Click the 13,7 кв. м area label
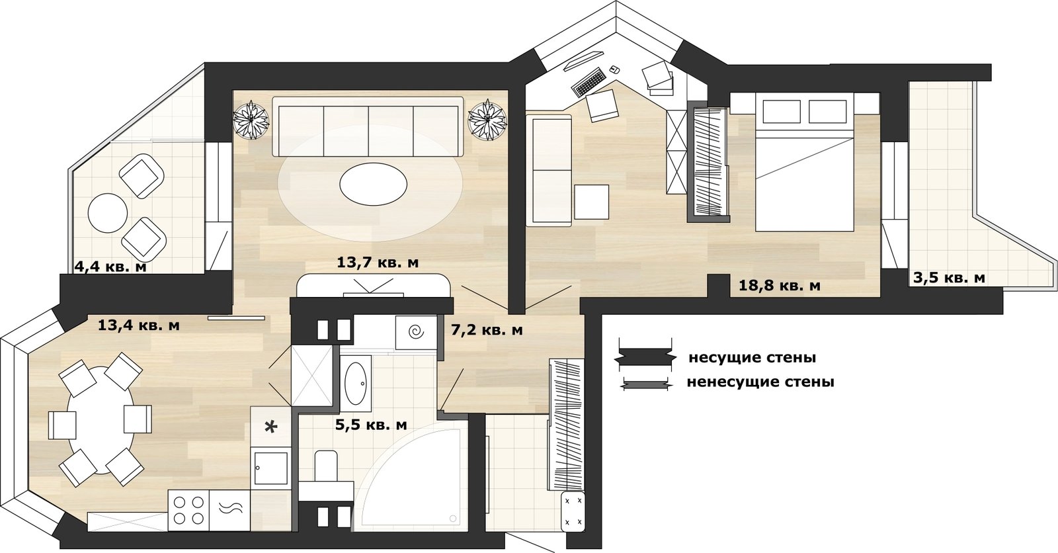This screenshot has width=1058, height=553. point(378,263)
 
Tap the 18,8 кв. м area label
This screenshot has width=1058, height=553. point(780,286)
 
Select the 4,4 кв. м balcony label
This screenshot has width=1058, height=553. point(110,267)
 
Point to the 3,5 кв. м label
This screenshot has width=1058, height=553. point(949,278)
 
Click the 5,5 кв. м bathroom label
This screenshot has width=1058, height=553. point(371,425)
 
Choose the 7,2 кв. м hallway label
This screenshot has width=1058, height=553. point(487,330)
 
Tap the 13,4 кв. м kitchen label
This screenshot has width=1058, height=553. point(138,325)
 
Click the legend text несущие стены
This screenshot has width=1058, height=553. point(753,358)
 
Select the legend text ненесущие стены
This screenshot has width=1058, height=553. point(760,382)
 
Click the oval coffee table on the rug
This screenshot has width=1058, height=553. point(373,184)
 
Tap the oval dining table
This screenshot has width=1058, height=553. point(101,420)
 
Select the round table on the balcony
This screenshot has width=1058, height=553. point(108,213)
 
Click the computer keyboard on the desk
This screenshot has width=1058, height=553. point(589,81)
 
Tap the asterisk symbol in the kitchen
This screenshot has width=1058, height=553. point(270,427)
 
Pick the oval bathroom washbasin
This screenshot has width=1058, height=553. point(356,384)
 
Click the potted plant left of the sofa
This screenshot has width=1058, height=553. point(251,120)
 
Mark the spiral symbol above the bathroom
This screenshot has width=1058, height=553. point(417,332)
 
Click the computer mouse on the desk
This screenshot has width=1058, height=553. point(614,69)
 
